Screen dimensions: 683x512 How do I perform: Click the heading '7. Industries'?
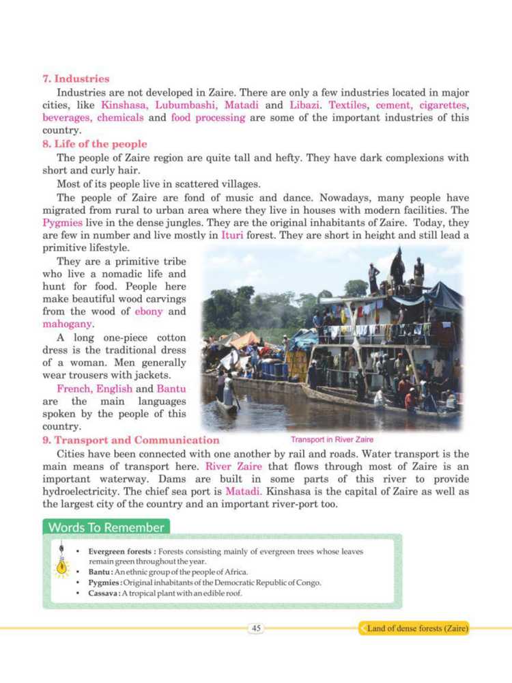point(76,79)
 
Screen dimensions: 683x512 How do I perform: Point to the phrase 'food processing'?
point(208,117)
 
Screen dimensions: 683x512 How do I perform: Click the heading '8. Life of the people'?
point(94,144)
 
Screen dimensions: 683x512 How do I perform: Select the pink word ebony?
point(149,311)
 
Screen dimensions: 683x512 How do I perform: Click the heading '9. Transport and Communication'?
point(131,440)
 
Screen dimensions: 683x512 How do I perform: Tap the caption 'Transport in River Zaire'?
point(332,439)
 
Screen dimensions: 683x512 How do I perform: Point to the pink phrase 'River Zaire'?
point(230,466)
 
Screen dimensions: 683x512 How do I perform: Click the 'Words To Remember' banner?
point(106,527)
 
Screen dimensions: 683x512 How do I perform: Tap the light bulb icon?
point(61,565)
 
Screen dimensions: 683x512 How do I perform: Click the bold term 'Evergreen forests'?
point(121,550)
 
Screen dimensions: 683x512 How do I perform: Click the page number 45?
point(257,628)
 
